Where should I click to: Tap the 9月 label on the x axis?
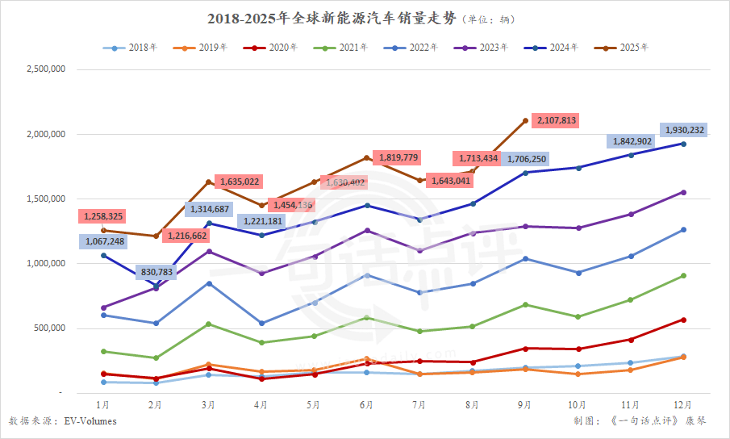tap(525, 403)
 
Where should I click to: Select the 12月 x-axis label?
tap(683, 403)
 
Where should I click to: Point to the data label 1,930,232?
tap(684, 129)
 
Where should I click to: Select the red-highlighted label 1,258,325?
tap(102, 216)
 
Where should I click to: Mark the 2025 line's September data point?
tap(525, 121)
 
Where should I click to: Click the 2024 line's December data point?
tap(683, 144)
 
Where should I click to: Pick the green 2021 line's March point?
tap(209, 324)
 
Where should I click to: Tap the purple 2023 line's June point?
tap(367, 230)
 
